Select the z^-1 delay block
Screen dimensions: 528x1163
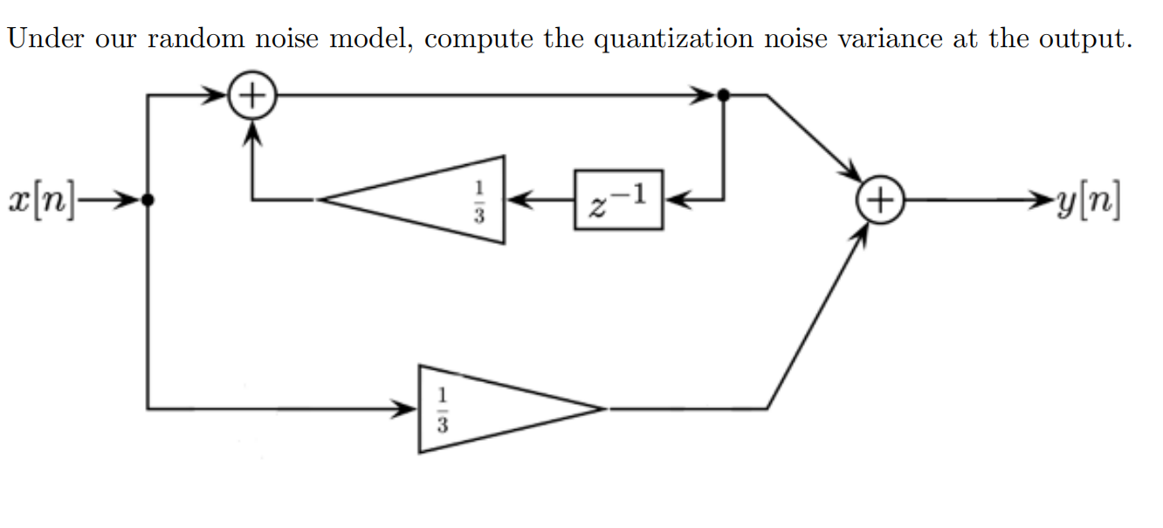(618, 200)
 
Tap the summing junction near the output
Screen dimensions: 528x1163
(881, 200)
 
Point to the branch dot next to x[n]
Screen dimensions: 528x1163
(148, 200)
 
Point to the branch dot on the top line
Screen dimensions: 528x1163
(723, 95)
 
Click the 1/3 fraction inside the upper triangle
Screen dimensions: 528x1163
(479, 201)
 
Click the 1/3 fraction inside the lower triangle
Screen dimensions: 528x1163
(443, 409)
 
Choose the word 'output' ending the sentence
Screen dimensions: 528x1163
(1081, 39)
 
